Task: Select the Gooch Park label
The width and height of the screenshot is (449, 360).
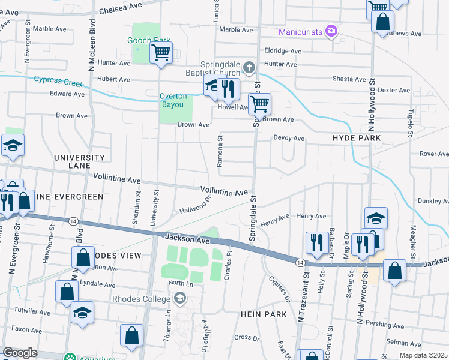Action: click(145, 40)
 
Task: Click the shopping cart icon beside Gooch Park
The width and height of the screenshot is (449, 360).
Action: click(161, 53)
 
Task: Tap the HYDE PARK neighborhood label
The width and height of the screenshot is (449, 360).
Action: click(357, 138)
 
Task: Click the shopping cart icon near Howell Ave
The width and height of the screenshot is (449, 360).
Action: click(259, 104)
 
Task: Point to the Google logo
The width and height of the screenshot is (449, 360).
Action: click(20, 353)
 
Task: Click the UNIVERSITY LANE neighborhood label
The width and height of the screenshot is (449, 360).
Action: click(80, 161)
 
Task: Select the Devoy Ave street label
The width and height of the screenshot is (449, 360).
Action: click(289, 139)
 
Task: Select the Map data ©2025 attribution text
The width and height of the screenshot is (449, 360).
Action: click(423, 355)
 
